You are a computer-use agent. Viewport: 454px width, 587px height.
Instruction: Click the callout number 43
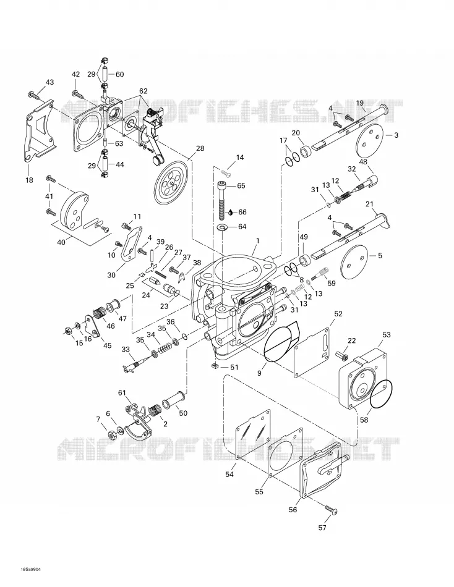click(x=49, y=82)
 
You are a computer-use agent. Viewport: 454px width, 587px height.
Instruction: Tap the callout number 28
click(x=200, y=148)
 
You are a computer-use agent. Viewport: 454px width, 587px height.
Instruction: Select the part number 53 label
click(x=386, y=334)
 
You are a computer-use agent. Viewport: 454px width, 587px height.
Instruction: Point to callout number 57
click(x=322, y=528)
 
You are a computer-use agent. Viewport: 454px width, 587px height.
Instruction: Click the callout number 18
click(x=29, y=180)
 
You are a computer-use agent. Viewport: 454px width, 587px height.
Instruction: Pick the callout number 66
click(x=242, y=213)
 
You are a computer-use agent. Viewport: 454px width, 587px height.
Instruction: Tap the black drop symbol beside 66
click(x=231, y=213)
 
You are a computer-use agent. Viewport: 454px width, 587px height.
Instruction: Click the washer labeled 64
click(x=223, y=227)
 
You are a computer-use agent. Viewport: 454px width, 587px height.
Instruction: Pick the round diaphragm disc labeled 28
click(x=172, y=183)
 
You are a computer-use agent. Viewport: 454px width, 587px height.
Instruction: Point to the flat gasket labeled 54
click(x=253, y=434)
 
